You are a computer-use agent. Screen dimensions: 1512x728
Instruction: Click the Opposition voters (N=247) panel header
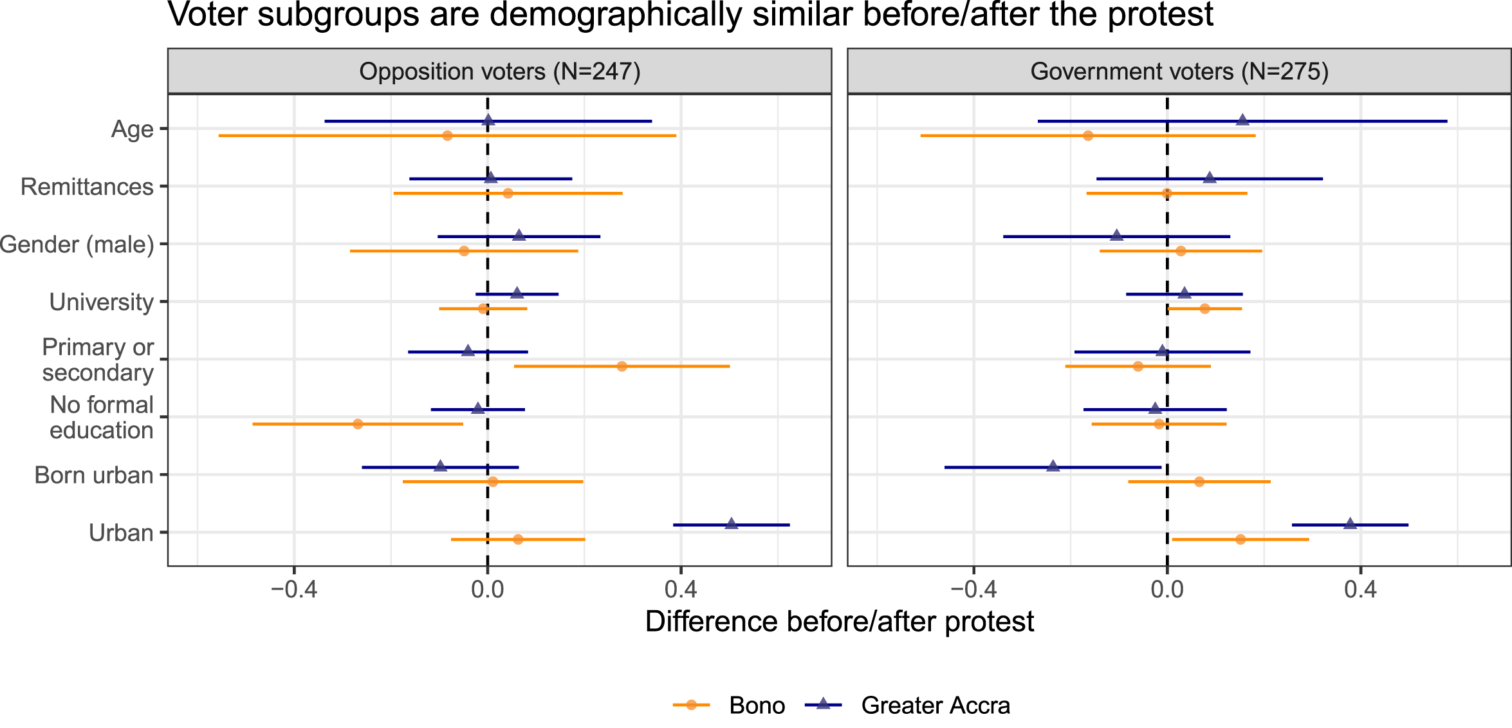click(499, 71)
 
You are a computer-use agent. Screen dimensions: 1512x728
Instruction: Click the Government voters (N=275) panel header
click(1179, 71)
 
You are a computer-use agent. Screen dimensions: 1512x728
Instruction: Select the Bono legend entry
click(729, 705)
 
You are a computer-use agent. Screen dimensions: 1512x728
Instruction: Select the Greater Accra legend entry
click(907, 705)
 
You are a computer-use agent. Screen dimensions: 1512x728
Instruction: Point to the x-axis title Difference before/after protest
click(840, 622)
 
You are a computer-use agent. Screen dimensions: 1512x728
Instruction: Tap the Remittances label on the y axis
click(87, 187)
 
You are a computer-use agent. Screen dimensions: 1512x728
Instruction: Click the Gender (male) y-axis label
click(77, 245)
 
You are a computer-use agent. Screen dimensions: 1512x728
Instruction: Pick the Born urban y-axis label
click(94, 475)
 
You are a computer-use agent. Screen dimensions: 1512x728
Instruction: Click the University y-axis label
click(102, 302)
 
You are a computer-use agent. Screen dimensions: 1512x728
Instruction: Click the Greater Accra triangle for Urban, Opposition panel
click(731, 523)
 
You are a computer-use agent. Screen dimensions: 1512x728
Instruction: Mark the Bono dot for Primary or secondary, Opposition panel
click(622, 366)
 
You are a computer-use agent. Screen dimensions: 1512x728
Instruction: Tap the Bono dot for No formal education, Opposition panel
click(358, 424)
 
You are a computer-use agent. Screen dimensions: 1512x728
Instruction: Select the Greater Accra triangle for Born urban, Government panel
click(1053, 465)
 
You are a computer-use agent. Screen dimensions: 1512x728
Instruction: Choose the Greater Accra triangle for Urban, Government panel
click(1350, 523)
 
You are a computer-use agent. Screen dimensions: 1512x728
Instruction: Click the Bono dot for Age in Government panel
click(1088, 136)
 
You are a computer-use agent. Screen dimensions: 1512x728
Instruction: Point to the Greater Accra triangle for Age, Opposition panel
click(488, 120)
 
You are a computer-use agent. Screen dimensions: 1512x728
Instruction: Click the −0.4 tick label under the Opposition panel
click(294, 589)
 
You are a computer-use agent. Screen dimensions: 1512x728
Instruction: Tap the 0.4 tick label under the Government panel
click(1361, 589)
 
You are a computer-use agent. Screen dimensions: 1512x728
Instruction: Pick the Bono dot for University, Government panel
click(1204, 309)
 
